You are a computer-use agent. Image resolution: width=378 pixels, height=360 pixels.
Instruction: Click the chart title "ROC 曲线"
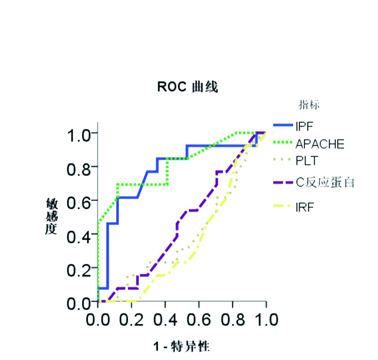(x=187, y=87)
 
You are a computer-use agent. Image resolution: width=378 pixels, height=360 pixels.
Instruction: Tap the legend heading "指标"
(x=310, y=105)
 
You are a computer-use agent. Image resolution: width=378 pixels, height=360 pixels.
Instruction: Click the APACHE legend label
(x=320, y=144)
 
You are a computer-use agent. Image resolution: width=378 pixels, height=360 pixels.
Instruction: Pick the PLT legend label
(x=307, y=162)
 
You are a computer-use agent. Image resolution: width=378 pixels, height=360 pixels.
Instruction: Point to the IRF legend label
(x=304, y=208)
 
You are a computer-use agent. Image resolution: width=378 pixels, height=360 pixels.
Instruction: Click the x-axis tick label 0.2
(x=131, y=320)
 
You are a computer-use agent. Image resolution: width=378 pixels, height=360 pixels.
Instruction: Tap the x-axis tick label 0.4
(x=165, y=320)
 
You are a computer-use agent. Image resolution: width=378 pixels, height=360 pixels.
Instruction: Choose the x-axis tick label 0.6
(x=199, y=320)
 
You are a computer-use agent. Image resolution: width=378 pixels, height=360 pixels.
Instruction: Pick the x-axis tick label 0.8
(x=232, y=320)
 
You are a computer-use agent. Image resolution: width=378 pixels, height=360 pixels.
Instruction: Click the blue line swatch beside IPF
(x=283, y=126)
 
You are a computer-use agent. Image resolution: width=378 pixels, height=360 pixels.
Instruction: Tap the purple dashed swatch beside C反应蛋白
(x=283, y=182)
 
